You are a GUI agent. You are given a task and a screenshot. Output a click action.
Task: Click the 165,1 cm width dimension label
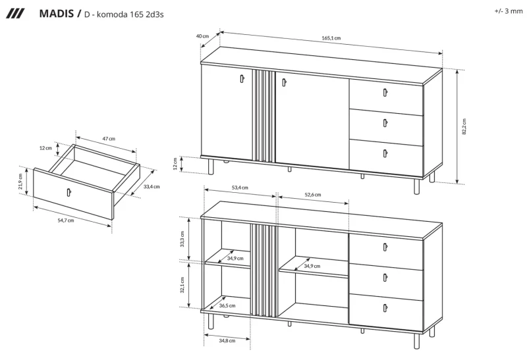[331, 38]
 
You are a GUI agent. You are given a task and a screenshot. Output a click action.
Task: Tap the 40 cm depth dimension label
[202, 36]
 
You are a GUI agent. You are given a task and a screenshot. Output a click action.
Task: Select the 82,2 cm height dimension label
[464, 126]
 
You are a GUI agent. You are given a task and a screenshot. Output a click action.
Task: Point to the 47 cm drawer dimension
[109, 138]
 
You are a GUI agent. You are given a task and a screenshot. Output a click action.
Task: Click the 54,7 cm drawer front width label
[66, 220]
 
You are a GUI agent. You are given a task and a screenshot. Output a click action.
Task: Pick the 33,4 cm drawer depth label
[152, 186]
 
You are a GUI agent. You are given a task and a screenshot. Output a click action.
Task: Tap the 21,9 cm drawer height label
[20, 182]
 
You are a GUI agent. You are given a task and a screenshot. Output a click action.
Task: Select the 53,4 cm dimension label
[240, 188]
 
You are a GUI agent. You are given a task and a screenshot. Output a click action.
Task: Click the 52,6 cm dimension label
[312, 194]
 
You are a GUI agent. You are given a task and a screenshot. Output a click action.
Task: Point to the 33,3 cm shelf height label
[182, 239]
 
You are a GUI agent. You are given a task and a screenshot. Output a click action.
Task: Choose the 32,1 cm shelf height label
[182, 285]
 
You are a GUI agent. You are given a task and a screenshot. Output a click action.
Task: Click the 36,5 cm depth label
[227, 305]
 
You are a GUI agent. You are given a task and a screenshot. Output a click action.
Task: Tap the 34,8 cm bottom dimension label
[227, 340]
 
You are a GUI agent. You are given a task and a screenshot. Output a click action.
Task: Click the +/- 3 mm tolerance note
[508, 11]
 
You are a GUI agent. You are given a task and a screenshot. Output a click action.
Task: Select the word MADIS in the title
[57, 13]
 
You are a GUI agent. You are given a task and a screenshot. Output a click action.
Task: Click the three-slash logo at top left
[15, 14]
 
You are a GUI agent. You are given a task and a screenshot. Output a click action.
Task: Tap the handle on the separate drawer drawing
[69, 192]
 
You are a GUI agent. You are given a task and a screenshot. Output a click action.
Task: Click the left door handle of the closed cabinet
[242, 78]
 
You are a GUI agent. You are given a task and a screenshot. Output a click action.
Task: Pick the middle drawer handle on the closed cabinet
[385, 123]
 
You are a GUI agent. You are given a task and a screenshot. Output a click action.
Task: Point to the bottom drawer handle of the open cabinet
[385, 307]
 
